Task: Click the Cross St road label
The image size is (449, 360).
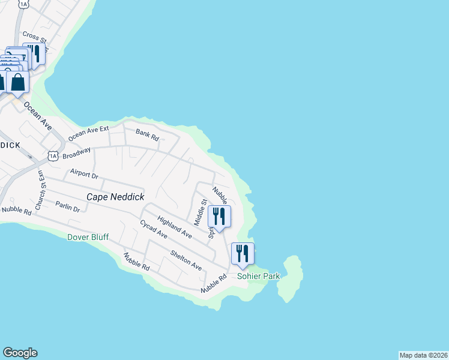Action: point(34,36)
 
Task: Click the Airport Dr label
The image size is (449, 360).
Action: point(83,173)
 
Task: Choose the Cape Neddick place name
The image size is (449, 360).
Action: point(114,197)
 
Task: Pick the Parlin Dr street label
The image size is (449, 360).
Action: point(67,208)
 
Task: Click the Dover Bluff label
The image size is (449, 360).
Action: point(88,238)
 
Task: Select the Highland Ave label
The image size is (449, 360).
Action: point(175,227)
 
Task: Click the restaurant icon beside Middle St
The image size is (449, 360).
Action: point(219,217)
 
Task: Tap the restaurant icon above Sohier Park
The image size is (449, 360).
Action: point(243,254)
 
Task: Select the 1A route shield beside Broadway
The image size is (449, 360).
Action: point(53,156)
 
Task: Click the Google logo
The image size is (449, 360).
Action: point(20,353)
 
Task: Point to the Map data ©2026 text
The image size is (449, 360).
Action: point(423,355)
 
